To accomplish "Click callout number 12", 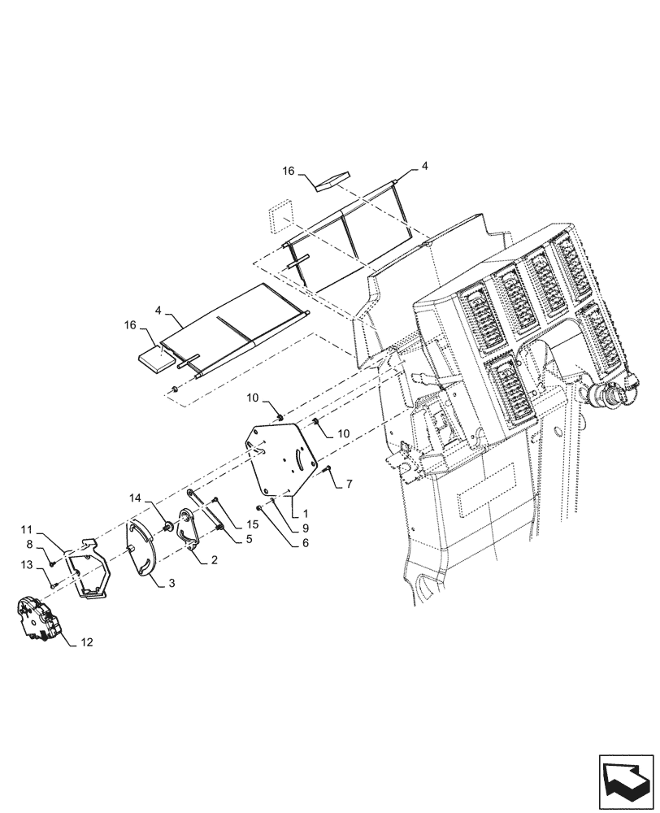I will click(x=87, y=642).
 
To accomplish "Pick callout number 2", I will click(x=214, y=560).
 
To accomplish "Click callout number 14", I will click(x=133, y=497).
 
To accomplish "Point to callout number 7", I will click(x=349, y=484).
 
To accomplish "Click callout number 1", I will click(x=305, y=515).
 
